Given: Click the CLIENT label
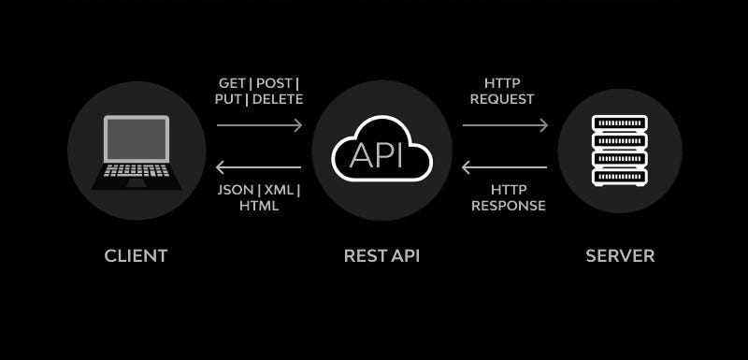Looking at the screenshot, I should tap(136, 255).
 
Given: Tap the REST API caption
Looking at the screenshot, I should tap(381, 255).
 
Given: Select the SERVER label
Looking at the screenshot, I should tap(620, 255).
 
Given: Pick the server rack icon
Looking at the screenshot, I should tap(620, 151).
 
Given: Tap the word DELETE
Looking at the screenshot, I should tap(278, 98).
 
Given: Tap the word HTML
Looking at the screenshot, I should tap(259, 206).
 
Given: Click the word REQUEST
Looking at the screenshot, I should tap(502, 98).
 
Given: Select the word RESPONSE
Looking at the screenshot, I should tap(509, 206).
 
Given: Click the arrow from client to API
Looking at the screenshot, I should tap(259, 124).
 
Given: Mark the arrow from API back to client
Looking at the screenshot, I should tap(259, 168).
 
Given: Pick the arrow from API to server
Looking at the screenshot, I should tap(505, 124).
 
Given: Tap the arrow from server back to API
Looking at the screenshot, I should tap(505, 168).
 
